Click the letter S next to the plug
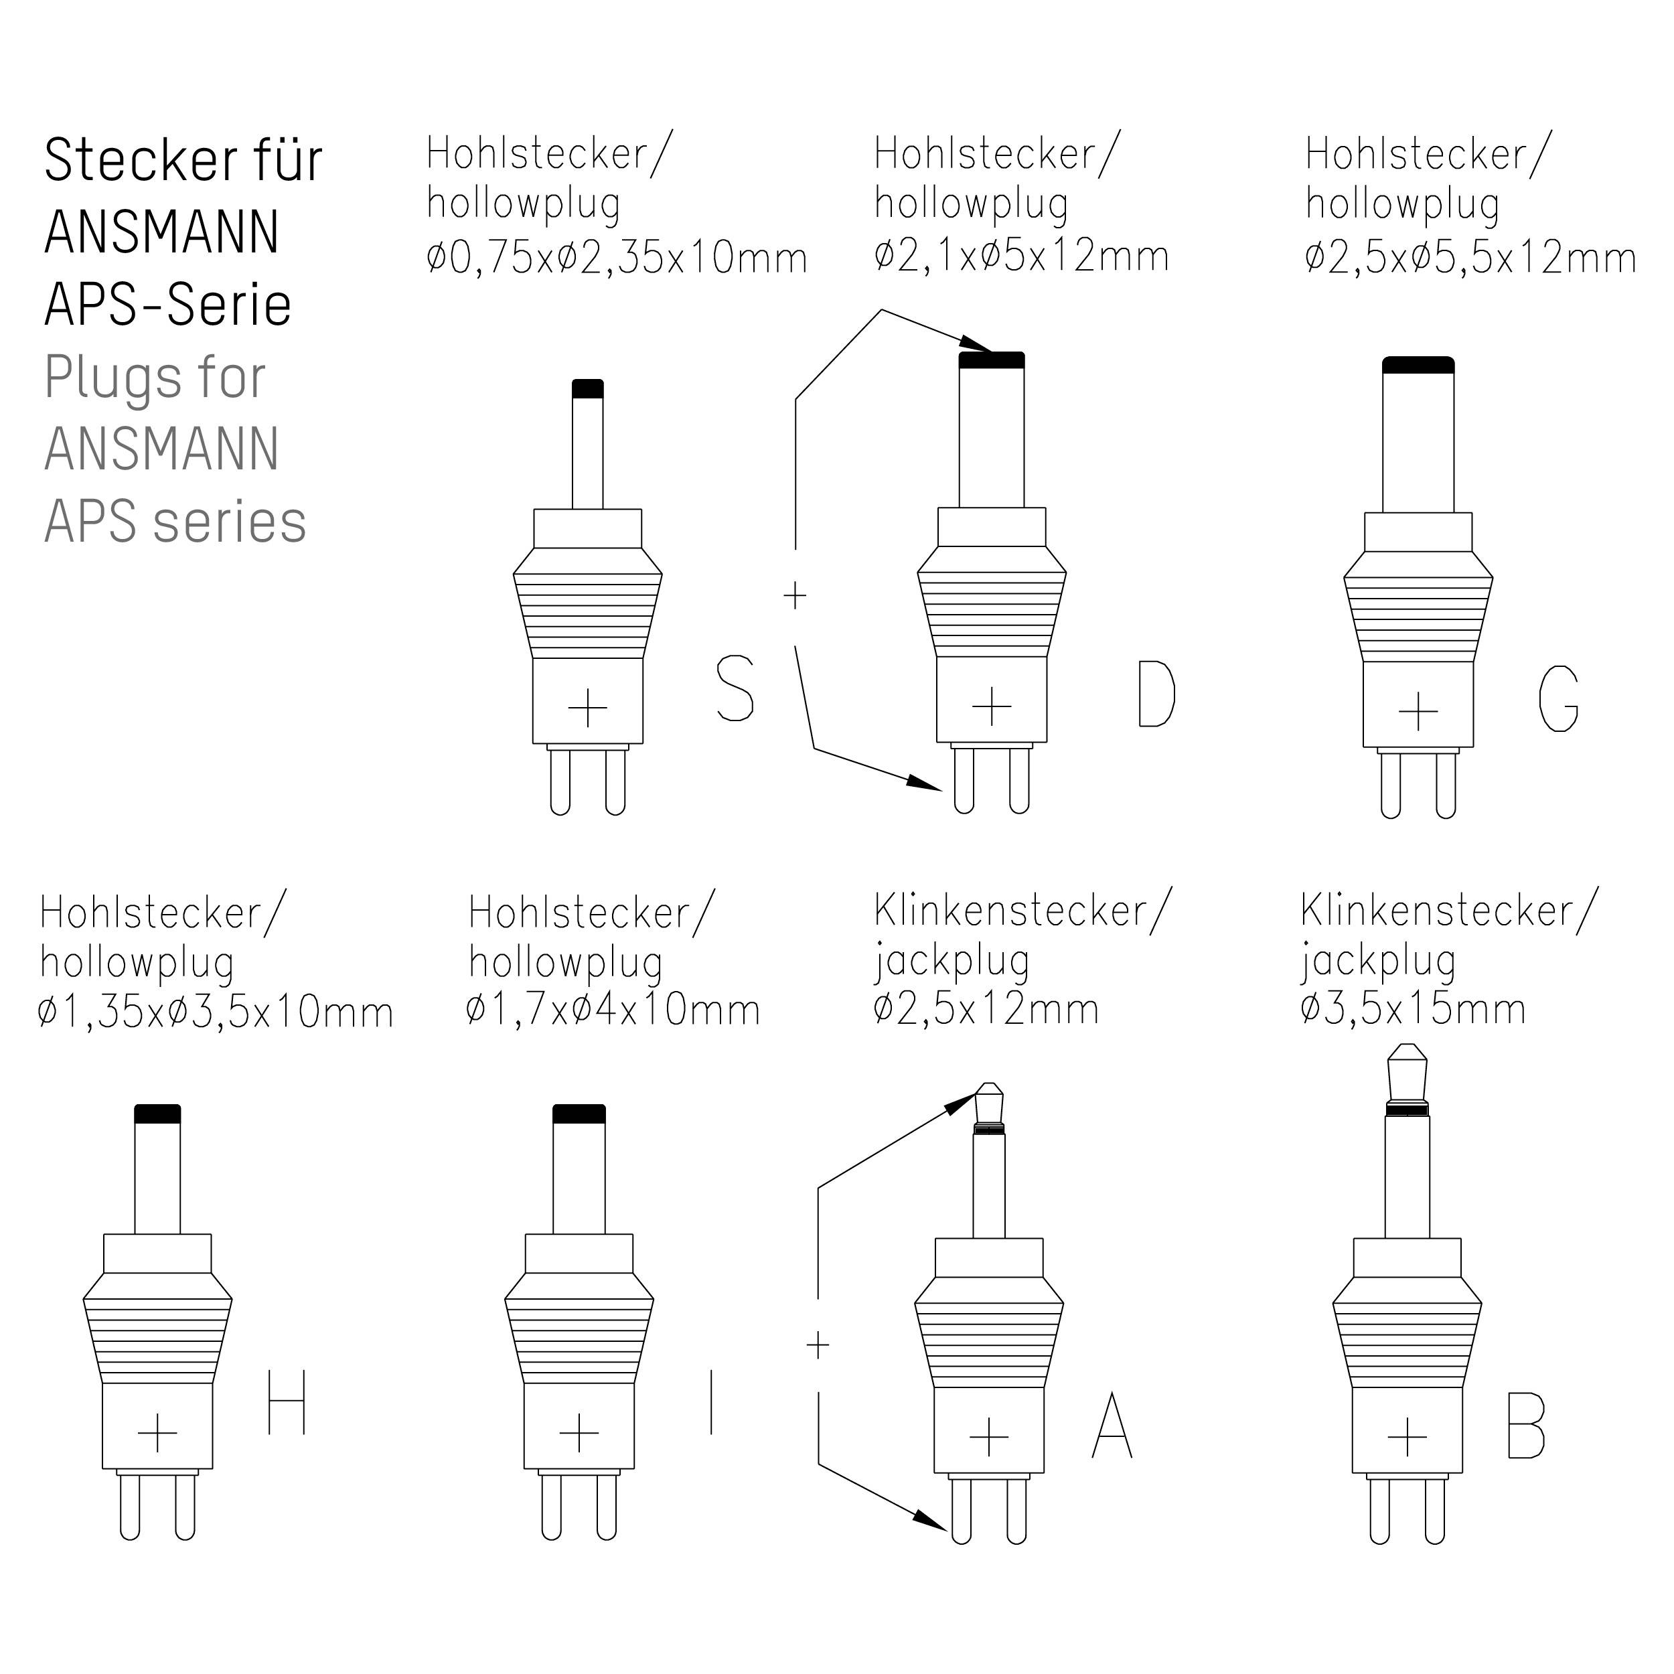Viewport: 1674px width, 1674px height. click(x=735, y=689)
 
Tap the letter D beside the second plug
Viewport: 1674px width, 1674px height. click(x=1156, y=693)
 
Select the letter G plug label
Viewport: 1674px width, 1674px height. click(x=1558, y=698)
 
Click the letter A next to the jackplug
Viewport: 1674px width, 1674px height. click(x=1112, y=1426)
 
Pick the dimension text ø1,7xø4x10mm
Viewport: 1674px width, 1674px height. click(x=613, y=1010)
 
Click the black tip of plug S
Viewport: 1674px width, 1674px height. click(x=587, y=389)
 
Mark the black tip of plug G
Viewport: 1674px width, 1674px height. click(x=1418, y=365)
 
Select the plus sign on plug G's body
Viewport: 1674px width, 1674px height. click(x=1418, y=711)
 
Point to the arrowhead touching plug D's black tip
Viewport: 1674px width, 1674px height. click(x=978, y=346)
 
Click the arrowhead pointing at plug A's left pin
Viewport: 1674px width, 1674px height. click(x=932, y=1520)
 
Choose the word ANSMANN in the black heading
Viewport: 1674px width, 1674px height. click(x=162, y=232)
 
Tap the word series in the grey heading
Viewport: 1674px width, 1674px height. click(x=229, y=522)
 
